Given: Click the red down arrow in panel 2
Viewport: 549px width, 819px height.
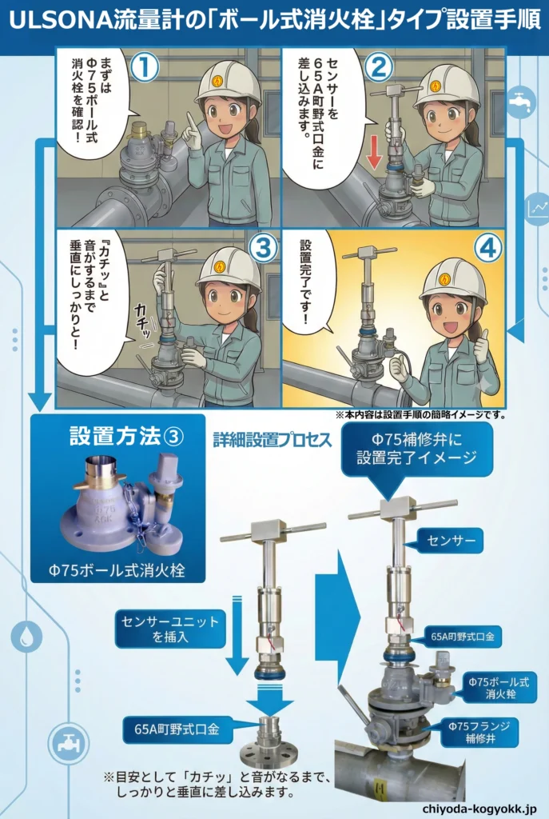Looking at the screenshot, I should (x=373, y=155).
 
